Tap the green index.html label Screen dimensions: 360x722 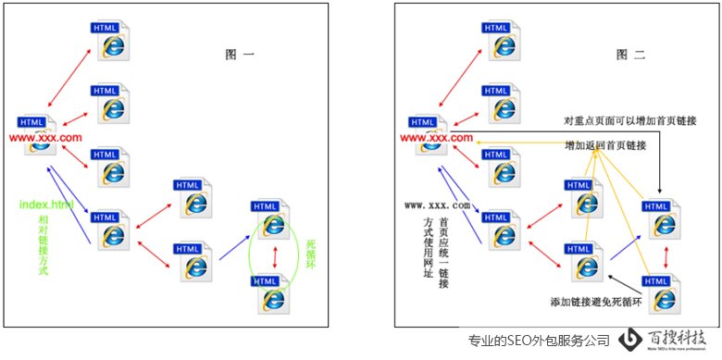tap(46, 203)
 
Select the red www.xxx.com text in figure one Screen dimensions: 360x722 tap(52, 138)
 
